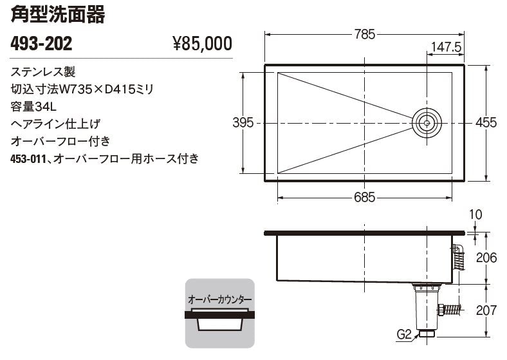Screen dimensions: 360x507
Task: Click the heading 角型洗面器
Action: tap(57, 15)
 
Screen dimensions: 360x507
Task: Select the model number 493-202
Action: tap(42, 44)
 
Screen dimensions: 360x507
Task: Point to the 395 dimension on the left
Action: tap(243, 122)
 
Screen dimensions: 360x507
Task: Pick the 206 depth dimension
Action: tap(486, 258)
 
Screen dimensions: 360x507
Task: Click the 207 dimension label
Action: tap(486, 310)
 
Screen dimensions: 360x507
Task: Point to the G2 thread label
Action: tap(403, 334)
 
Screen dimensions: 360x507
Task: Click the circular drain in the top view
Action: tap(427, 122)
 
